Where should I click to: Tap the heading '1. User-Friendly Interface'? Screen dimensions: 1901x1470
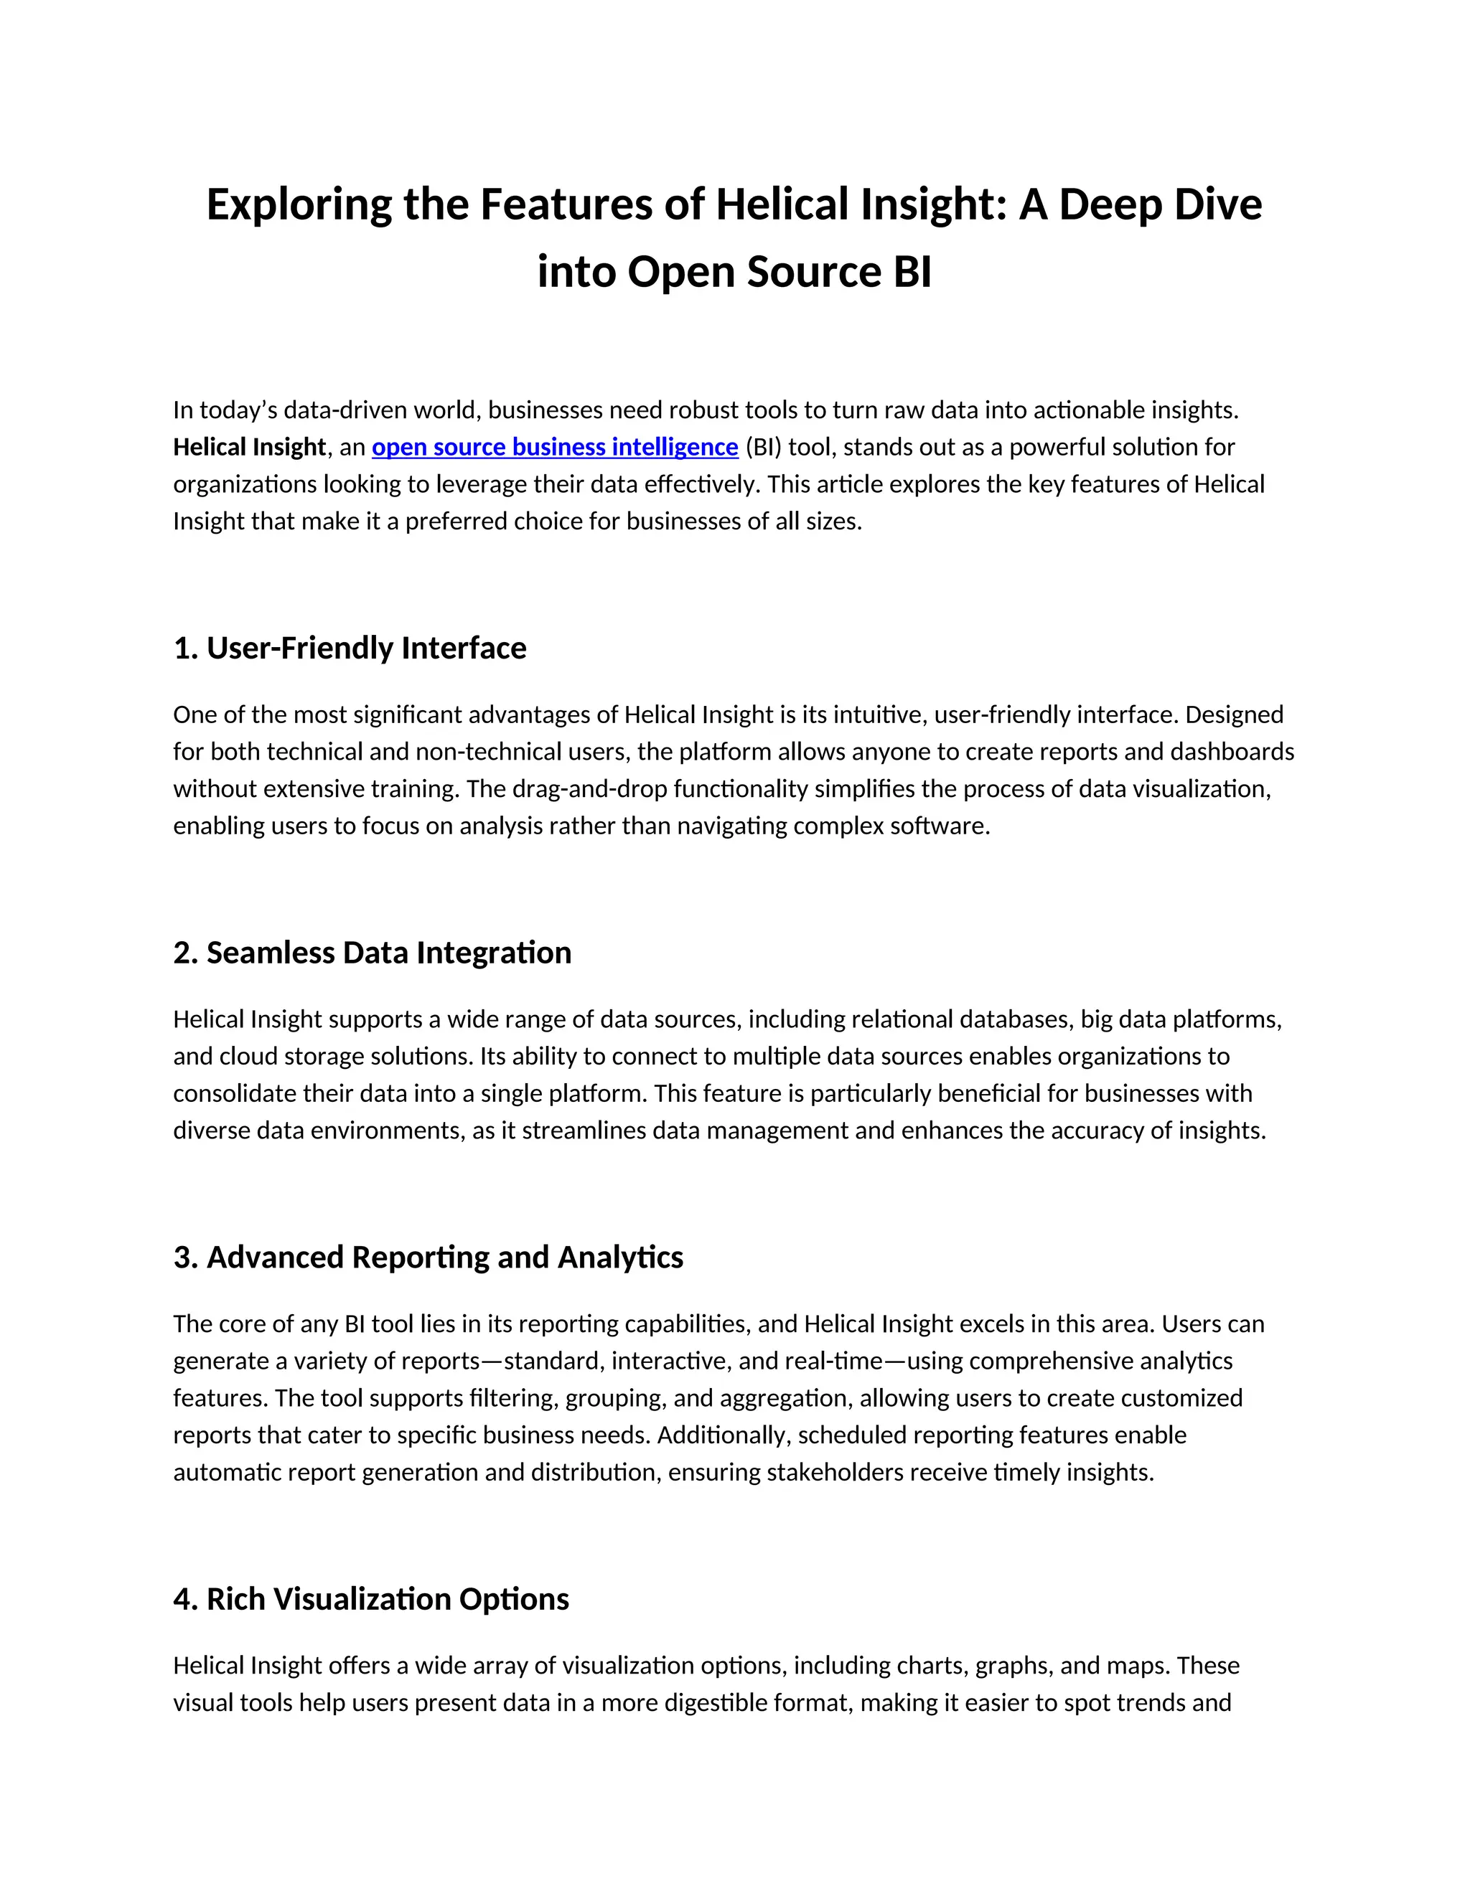coord(350,648)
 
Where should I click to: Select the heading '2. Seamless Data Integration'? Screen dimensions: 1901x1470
coord(373,953)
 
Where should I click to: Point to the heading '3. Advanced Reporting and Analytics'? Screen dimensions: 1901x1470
coord(429,1258)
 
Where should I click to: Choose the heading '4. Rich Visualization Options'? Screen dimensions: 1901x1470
coord(372,1599)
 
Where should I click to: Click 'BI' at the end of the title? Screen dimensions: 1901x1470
coord(911,273)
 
